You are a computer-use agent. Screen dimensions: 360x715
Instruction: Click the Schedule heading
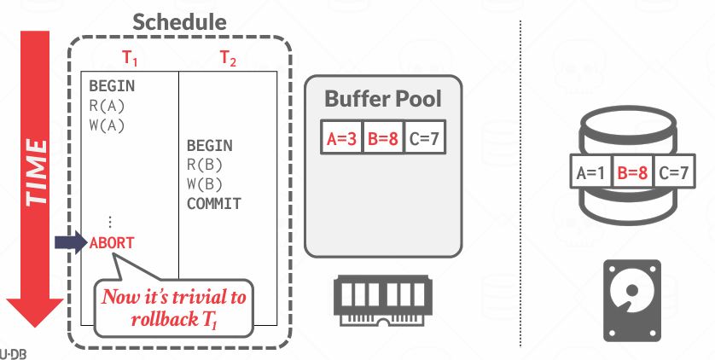click(180, 23)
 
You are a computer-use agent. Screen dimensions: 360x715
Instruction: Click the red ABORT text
click(112, 242)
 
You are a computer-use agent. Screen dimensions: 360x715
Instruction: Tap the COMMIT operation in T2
click(214, 204)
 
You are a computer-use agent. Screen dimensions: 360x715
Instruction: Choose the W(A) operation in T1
click(108, 125)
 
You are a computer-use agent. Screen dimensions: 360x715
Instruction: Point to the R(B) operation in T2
click(205, 165)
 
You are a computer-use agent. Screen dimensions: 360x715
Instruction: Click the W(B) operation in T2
click(205, 184)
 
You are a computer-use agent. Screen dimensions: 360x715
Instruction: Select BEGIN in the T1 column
click(112, 87)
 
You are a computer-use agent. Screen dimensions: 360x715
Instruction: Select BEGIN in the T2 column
click(209, 146)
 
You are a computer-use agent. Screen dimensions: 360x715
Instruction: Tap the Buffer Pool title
click(383, 99)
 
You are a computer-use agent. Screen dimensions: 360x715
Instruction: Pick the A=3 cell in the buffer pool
click(343, 137)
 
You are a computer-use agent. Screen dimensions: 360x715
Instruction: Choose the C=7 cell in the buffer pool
click(425, 137)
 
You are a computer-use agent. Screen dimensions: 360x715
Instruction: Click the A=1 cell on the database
click(590, 173)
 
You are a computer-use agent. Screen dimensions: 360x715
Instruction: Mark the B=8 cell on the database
click(633, 173)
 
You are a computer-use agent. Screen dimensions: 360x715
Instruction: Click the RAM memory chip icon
click(382, 294)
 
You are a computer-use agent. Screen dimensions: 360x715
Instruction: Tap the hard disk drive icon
click(632, 298)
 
